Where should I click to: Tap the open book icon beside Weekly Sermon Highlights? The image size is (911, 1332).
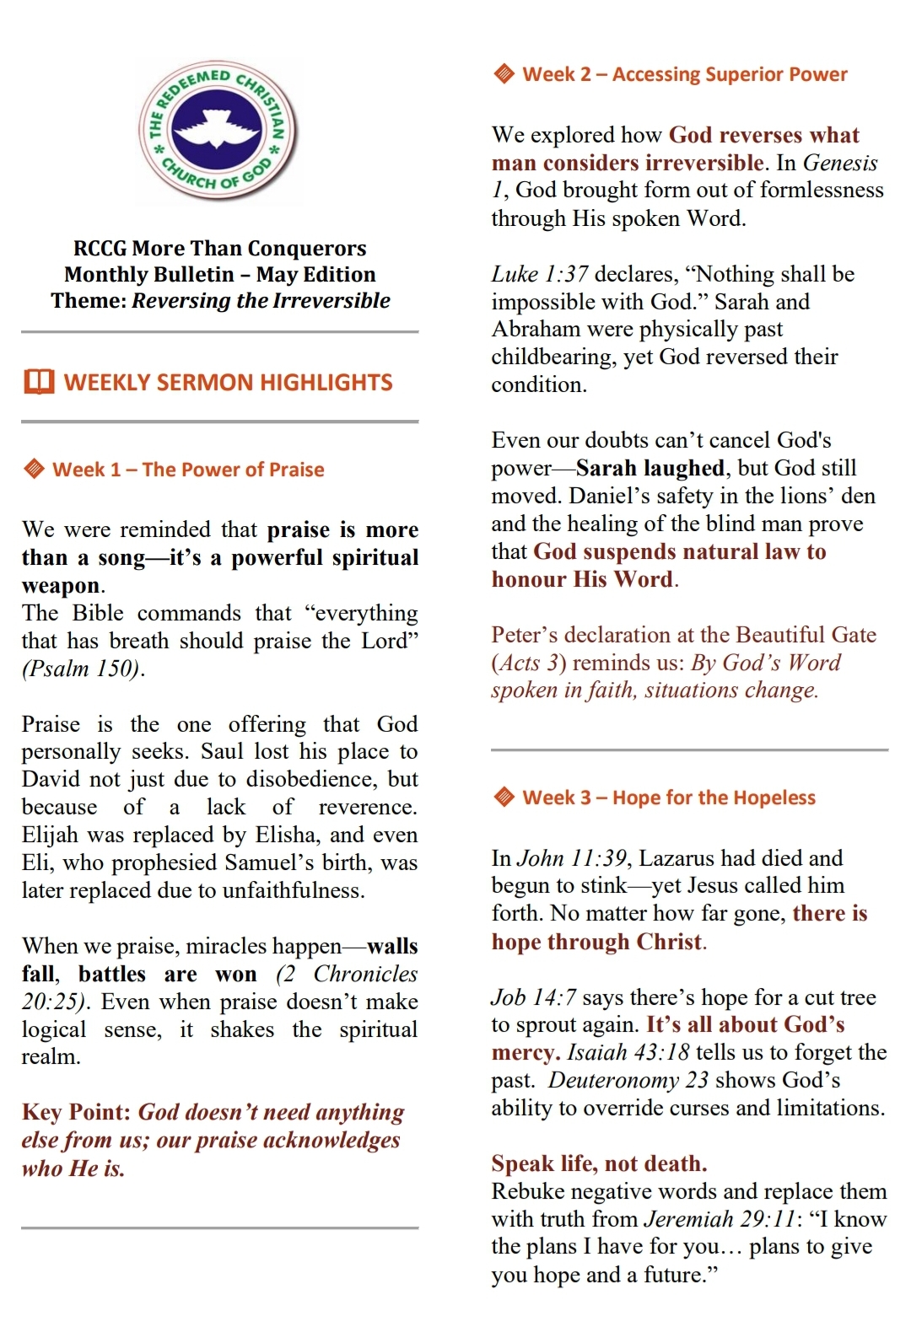click(40, 382)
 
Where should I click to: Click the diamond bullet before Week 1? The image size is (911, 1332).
click(34, 469)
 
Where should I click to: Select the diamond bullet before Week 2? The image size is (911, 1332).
click(504, 74)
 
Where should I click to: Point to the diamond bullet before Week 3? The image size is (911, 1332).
click(504, 797)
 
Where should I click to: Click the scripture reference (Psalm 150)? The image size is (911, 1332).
click(83, 669)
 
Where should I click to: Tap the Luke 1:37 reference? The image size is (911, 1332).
click(540, 274)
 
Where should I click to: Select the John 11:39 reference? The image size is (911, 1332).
click(571, 858)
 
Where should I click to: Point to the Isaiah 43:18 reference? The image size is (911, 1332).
click(628, 1052)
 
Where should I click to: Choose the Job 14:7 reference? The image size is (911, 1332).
click(534, 997)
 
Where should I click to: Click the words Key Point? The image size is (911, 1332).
click(76, 1112)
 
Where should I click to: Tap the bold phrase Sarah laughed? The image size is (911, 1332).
click(650, 468)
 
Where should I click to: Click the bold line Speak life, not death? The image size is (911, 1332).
click(599, 1163)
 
